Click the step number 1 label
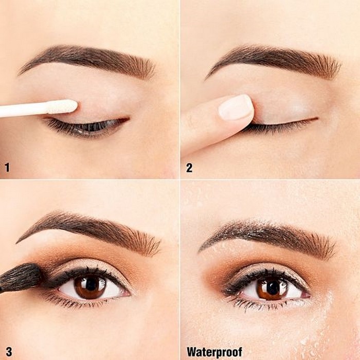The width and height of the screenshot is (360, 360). tap(7, 167)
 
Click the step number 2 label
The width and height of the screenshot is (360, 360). tap(189, 168)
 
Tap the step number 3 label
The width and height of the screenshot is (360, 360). tap(9, 351)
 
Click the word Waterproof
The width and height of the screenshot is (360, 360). tap(214, 352)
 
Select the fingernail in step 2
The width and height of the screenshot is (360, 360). tap(236, 107)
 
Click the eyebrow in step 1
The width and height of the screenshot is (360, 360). tap(87, 60)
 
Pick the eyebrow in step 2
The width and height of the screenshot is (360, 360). tap(273, 60)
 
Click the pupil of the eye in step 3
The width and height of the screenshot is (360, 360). tap(91, 285)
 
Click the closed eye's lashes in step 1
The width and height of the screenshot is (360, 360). tap(85, 128)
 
